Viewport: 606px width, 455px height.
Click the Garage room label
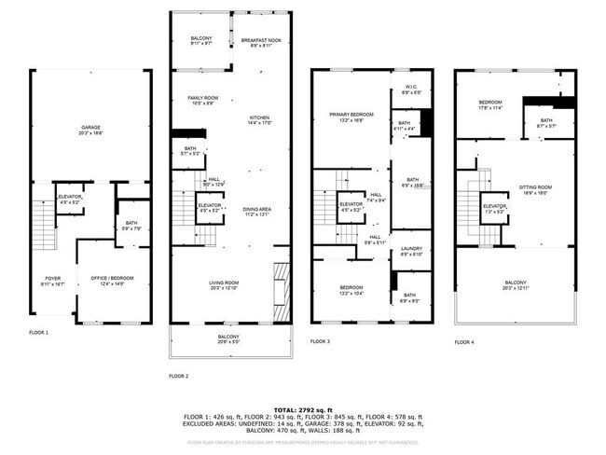tap(90, 127)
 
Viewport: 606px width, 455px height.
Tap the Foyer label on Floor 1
tap(53, 279)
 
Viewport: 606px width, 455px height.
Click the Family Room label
tap(202, 98)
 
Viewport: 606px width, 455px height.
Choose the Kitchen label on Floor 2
tap(258, 117)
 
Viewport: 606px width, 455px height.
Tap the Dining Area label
tap(256, 209)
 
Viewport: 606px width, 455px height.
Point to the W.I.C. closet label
tap(410, 90)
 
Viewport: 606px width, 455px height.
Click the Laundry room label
tap(411, 248)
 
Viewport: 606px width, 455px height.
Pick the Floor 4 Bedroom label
tap(490, 103)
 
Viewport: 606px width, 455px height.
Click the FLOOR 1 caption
tap(38, 332)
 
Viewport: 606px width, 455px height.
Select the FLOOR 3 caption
tap(321, 341)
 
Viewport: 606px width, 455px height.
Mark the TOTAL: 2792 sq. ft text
tap(302, 409)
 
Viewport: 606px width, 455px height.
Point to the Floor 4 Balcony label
tap(515, 283)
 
